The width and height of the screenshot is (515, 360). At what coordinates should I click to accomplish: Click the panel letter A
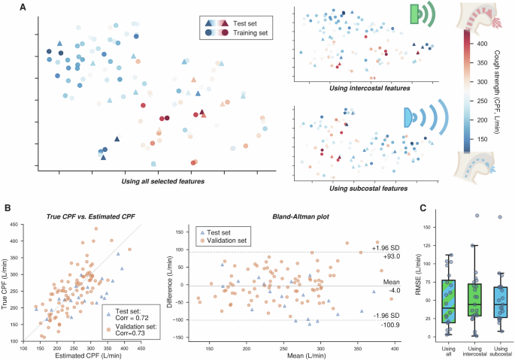25,7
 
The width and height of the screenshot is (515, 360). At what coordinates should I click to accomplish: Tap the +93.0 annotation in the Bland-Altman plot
381,256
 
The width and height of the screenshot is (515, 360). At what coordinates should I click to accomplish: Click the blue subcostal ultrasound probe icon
410,116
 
